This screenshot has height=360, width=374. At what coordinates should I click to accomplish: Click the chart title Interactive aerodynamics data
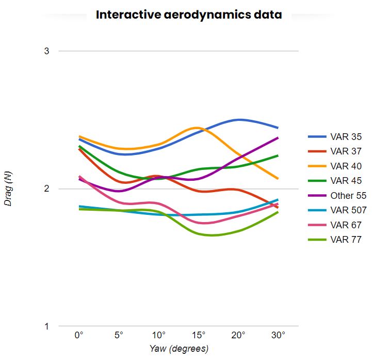189,14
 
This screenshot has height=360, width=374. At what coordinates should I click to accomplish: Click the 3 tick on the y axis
46,51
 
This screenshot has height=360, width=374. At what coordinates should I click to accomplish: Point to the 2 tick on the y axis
46,189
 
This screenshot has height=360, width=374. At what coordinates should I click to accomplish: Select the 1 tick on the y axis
46,326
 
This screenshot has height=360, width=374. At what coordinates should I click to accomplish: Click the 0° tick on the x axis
79,335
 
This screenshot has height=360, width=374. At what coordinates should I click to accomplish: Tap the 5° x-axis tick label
119,335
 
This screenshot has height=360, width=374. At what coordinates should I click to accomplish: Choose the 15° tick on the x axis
199,335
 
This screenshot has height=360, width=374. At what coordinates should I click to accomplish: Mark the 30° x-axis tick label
278,335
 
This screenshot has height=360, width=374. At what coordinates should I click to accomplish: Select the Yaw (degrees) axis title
178,349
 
